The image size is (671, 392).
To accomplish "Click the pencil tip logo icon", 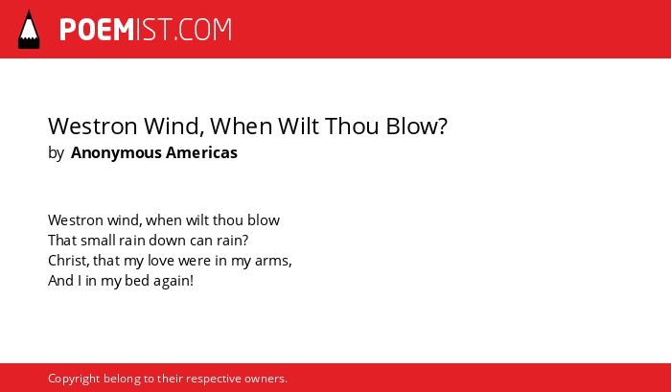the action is (29, 30).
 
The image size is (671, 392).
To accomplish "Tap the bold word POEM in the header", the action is (97, 30).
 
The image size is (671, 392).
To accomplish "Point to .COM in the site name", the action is (203, 30).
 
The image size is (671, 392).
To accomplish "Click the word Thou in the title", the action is (352, 126).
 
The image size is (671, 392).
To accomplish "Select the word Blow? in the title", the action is (416, 126).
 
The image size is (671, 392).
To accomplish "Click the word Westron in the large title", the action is (93, 127).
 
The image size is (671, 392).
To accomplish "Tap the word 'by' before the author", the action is (56, 152).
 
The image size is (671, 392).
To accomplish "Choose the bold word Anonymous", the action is (116, 152).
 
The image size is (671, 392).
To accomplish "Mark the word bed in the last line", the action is (137, 281).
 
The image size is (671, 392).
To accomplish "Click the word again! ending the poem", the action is (174, 281).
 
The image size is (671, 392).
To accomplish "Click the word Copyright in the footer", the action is (74, 379).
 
